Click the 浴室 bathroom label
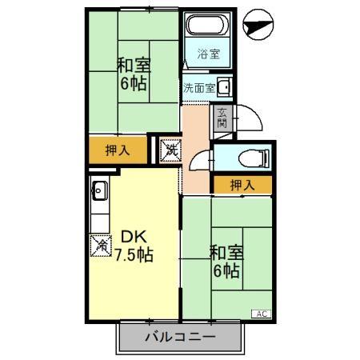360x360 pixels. [x=209, y=54]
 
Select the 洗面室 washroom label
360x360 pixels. [x=198, y=87]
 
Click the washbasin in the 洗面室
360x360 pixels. [x=225, y=87]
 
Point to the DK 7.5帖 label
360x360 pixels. [x=133, y=246]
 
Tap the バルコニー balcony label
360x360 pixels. [x=181, y=338]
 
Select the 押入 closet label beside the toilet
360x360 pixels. [x=242, y=185]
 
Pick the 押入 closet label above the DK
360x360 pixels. [x=118, y=150]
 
